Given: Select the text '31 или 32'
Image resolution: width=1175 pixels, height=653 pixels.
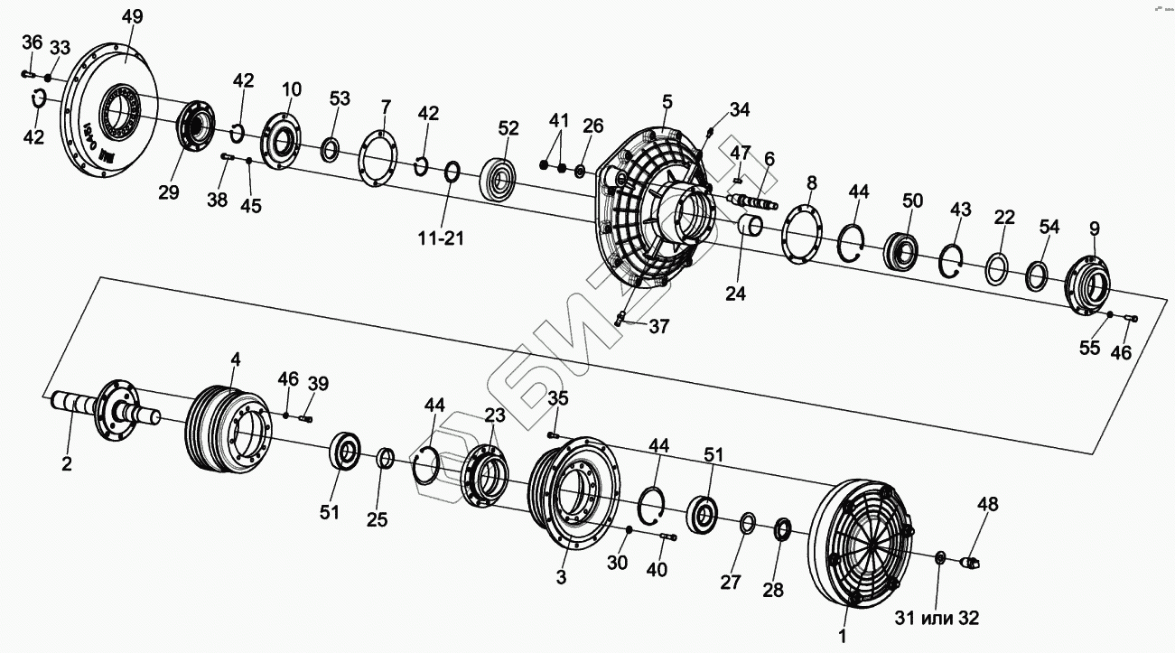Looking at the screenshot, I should [x=937, y=618].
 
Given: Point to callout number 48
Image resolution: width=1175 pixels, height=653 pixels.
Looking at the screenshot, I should [x=988, y=504].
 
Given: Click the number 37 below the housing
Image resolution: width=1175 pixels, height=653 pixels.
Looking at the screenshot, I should [x=658, y=326].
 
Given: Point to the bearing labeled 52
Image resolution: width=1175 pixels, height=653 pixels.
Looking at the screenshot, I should [x=501, y=179].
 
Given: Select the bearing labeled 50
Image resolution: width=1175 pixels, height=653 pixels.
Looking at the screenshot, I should [x=901, y=251].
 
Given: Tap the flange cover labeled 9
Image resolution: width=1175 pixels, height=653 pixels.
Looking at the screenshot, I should [x=1089, y=285].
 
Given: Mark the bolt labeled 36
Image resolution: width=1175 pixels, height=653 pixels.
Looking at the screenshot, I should [x=26, y=74].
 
